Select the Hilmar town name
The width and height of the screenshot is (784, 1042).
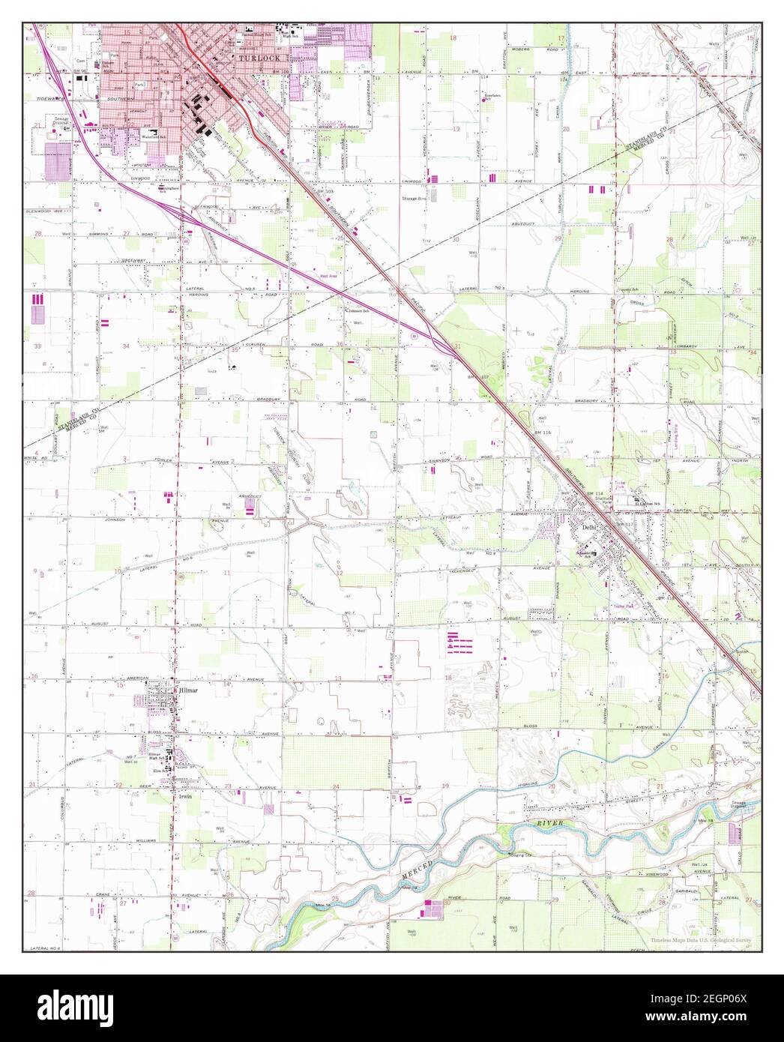click(187, 690)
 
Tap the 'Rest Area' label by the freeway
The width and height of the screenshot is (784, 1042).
click(327, 276)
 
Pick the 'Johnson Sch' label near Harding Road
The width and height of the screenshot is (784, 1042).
click(359, 311)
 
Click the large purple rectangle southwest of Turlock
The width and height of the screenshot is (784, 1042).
click(55, 160)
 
